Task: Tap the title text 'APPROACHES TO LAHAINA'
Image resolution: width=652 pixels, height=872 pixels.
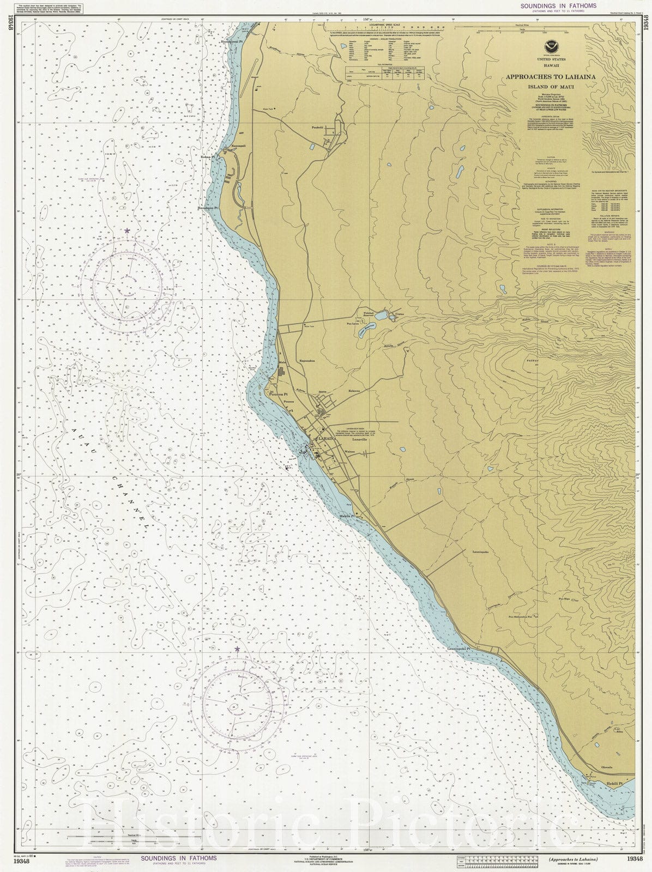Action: [551, 77]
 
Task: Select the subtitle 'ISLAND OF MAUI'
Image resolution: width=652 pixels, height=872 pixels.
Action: [551, 87]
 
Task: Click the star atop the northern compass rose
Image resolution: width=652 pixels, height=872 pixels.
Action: [128, 231]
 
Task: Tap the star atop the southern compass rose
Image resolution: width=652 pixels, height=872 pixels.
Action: [237, 649]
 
